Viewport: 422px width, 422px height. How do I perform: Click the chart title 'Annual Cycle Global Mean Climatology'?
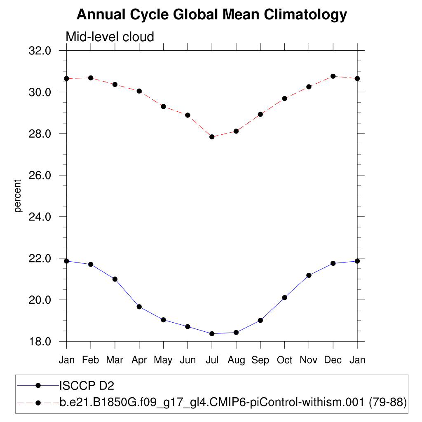(211, 15)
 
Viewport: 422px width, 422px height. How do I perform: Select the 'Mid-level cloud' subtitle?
(110, 37)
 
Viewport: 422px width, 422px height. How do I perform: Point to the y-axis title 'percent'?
(17, 196)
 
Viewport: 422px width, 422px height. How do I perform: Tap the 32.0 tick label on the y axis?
(40, 51)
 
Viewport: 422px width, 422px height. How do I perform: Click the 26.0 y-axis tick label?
(40, 175)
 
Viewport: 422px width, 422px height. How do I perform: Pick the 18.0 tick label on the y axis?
(40, 342)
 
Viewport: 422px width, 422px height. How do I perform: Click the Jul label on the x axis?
(212, 360)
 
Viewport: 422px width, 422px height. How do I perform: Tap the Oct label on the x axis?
(284, 360)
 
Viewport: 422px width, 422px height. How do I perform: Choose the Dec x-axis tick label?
(333, 360)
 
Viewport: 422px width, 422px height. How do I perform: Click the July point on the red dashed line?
(212, 137)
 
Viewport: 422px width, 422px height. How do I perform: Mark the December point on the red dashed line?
(333, 76)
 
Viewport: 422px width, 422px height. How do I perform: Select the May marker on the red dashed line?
(163, 106)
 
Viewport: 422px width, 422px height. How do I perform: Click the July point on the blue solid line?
(212, 334)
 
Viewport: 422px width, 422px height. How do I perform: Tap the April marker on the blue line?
(139, 307)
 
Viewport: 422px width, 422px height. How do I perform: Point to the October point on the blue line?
(284, 298)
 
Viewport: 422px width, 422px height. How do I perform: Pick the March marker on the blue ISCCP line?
(115, 279)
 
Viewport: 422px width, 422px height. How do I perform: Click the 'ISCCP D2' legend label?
(87, 386)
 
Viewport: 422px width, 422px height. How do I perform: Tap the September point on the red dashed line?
(260, 114)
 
